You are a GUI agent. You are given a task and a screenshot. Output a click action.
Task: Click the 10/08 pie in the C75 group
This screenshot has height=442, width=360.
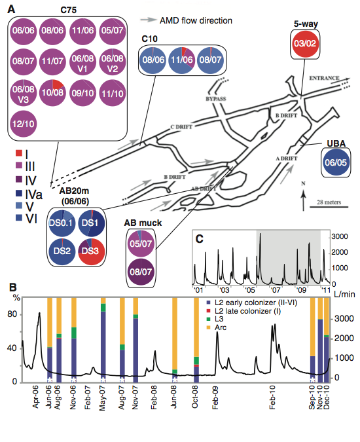pyautogui.click(x=52, y=93)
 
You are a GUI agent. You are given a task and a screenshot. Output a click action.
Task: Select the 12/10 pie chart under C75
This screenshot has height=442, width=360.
pyautogui.click(x=24, y=124)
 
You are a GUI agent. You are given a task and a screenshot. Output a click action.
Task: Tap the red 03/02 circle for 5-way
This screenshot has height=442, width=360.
pyautogui.click(x=305, y=44)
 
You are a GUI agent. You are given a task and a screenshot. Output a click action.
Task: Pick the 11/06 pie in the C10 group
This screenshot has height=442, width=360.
pyautogui.click(x=182, y=60)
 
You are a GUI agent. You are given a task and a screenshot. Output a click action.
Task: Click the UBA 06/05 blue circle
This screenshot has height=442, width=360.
pyautogui.click(x=336, y=162)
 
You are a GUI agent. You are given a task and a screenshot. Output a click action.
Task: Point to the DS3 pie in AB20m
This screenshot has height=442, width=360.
pyautogui.click(x=91, y=251)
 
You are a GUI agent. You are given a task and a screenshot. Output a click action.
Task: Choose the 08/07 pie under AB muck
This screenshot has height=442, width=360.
pyautogui.click(x=141, y=272)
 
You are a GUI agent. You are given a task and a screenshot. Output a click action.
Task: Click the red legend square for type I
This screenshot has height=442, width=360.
pyautogui.click(x=18, y=153)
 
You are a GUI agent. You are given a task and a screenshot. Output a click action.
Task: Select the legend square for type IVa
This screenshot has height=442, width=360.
pyautogui.click(x=18, y=193)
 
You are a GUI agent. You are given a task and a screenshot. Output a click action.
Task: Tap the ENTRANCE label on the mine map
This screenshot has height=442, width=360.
pyautogui.click(x=324, y=78)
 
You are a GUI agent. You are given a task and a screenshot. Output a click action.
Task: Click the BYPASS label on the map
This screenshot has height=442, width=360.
pyautogui.click(x=216, y=99)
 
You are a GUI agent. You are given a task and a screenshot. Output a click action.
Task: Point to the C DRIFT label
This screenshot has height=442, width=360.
pyautogui.click(x=181, y=127)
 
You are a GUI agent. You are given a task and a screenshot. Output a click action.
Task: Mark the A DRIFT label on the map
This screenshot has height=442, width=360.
pyautogui.click(x=287, y=158)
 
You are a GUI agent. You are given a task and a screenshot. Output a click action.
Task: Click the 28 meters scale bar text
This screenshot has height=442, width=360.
pyautogui.click(x=329, y=202)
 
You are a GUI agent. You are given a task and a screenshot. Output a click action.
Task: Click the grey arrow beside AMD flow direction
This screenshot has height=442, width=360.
pyautogui.click(x=148, y=20)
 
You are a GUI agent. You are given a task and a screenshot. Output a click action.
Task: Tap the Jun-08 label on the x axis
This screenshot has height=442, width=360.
pyautogui.click(x=174, y=397)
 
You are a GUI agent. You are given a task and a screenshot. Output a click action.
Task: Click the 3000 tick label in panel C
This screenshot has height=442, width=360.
pyautogui.click(x=340, y=236)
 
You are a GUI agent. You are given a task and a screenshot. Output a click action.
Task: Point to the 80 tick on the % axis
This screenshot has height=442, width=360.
pyautogui.click(x=12, y=314)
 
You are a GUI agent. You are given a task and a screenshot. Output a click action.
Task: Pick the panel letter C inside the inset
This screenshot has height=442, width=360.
pyautogui.click(x=200, y=239)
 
